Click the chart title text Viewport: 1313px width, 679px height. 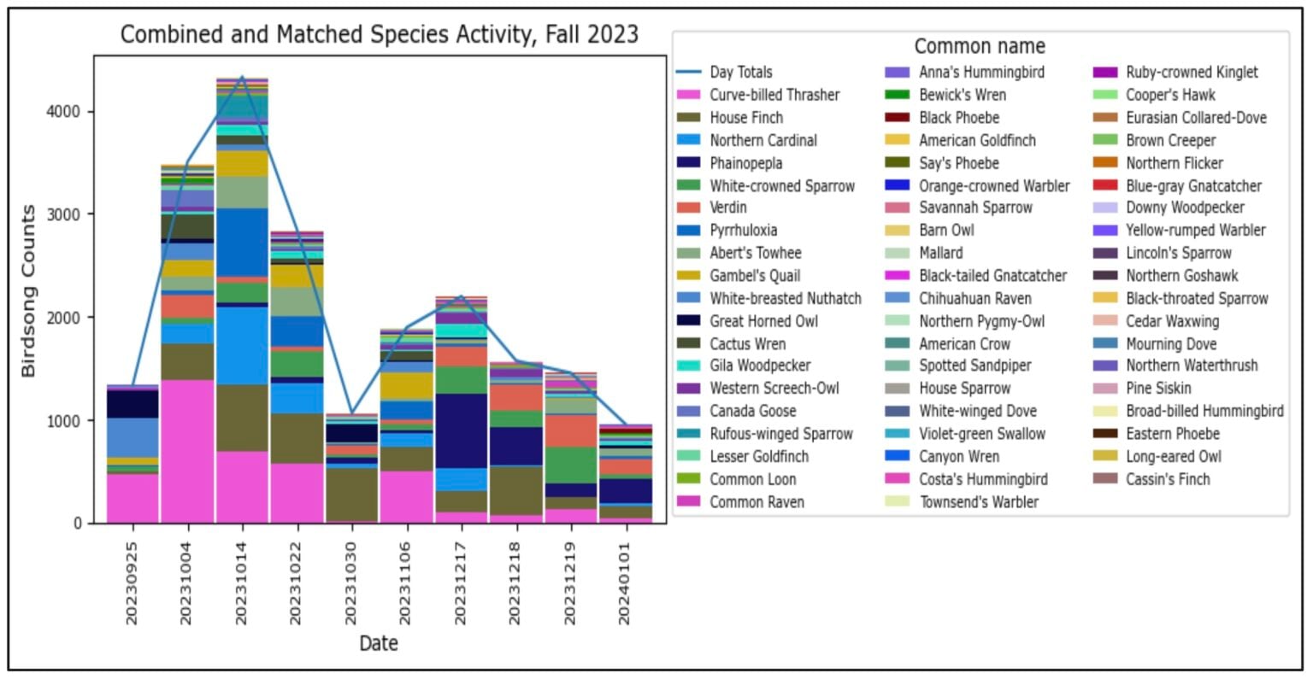pyautogui.click(x=379, y=34)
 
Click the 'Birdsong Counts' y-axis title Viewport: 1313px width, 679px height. pyautogui.click(x=29, y=290)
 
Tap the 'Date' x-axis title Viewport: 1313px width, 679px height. pyautogui.click(x=378, y=643)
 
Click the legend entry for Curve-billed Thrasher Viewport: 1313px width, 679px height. pyautogui.click(x=774, y=95)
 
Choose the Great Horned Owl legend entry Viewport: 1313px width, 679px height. pyautogui.click(x=763, y=321)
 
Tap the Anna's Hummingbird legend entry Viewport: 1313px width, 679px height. pyautogui.click(x=981, y=73)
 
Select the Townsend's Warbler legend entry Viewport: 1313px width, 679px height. pyautogui.click(x=978, y=501)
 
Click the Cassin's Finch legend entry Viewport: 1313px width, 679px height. pyautogui.click(x=1168, y=479)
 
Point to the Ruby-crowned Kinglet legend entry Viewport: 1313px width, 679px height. pyautogui.click(x=1192, y=73)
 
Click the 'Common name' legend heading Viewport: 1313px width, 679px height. pyautogui.click(x=980, y=46)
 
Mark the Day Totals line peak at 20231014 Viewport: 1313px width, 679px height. pyautogui.click(x=243, y=77)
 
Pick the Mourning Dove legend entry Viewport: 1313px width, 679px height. pyautogui.click(x=1170, y=343)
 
